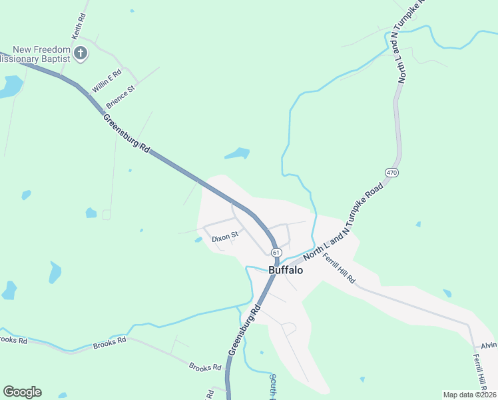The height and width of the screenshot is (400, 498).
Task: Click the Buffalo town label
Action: point(286,271)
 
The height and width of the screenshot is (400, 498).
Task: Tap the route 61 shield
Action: point(276,252)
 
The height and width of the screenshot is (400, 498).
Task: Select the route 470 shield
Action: point(391,173)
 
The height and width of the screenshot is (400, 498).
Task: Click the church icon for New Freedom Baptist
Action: point(81,53)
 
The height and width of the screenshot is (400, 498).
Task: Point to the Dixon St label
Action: point(225,236)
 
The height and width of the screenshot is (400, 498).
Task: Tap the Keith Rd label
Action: point(78,25)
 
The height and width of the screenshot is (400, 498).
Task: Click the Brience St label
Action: point(121,97)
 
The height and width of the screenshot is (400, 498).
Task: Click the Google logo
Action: point(22,392)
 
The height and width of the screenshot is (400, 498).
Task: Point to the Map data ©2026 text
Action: point(469,395)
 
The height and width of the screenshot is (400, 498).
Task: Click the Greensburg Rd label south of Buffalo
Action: point(245,330)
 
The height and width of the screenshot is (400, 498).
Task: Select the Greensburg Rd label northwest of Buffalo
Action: point(126,134)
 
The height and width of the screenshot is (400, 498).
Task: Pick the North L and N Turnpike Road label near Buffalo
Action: point(344,221)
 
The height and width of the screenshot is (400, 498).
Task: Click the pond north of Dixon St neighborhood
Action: point(237,154)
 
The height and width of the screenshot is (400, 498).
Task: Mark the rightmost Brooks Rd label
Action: point(205,367)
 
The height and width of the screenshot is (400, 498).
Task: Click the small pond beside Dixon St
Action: point(198,240)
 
